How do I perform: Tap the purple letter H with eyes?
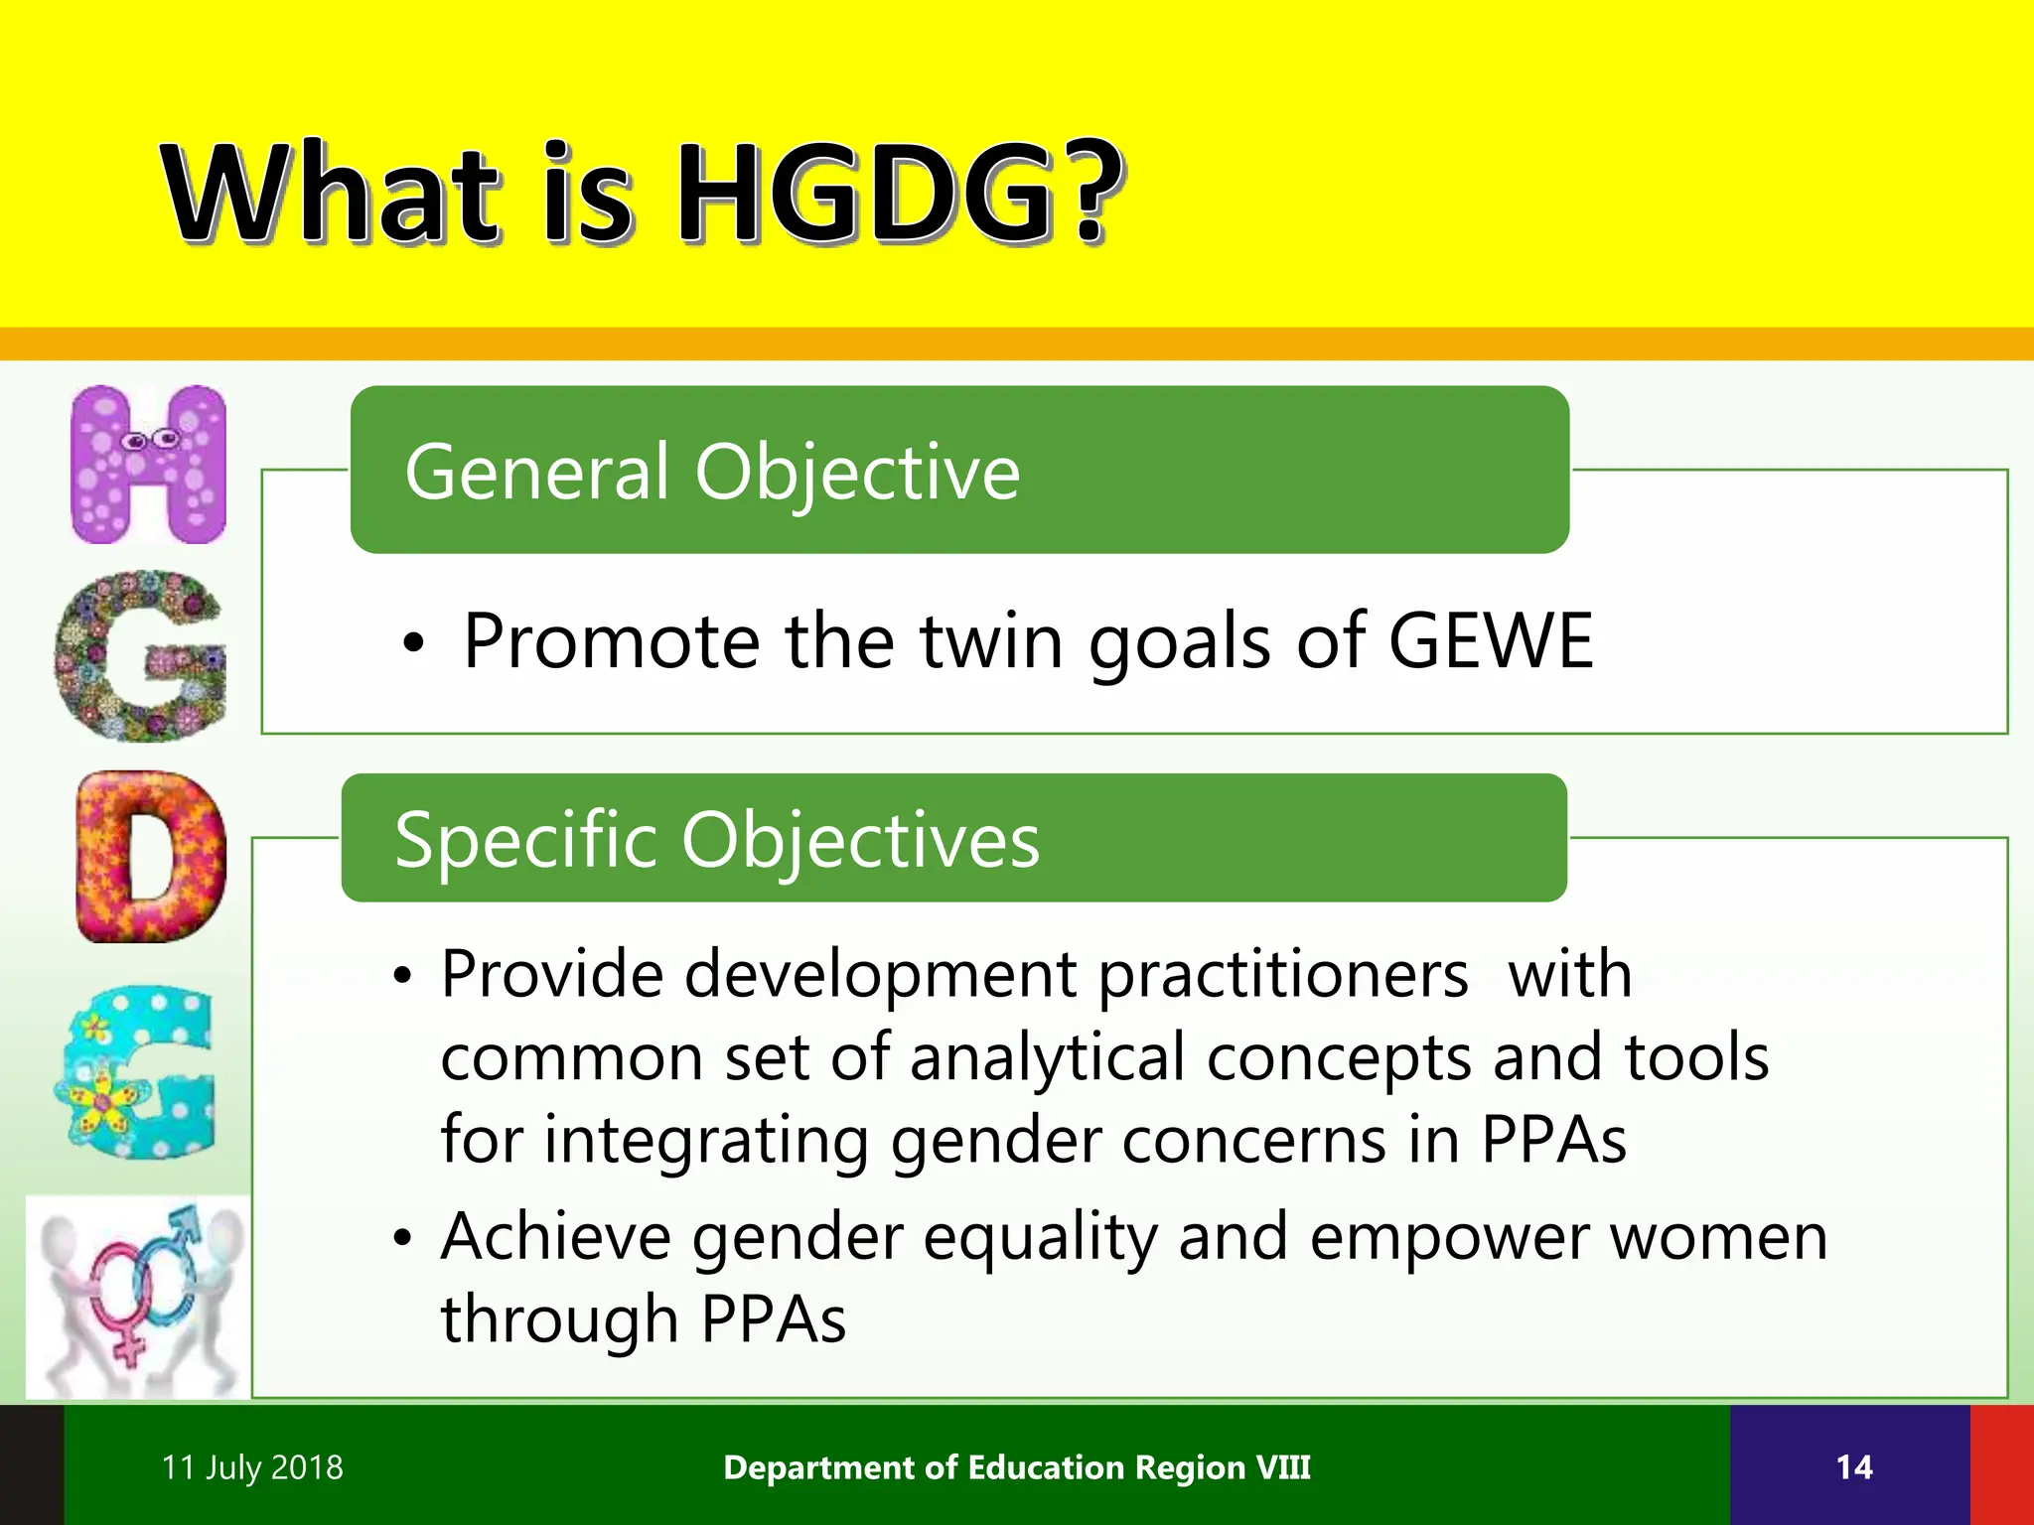pyautogui.click(x=149, y=465)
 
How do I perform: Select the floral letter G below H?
pyautogui.click(x=141, y=655)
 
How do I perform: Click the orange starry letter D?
pyautogui.click(x=151, y=857)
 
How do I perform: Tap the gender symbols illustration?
pyautogui.click(x=137, y=1298)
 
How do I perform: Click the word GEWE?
pyautogui.click(x=1490, y=641)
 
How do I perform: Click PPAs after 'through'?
pyautogui.click(x=773, y=1319)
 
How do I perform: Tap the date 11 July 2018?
pyautogui.click(x=252, y=1467)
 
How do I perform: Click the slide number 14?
pyautogui.click(x=1853, y=1467)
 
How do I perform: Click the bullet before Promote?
pyautogui.click(x=413, y=645)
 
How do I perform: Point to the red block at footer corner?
pyautogui.click(x=2002, y=1465)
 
